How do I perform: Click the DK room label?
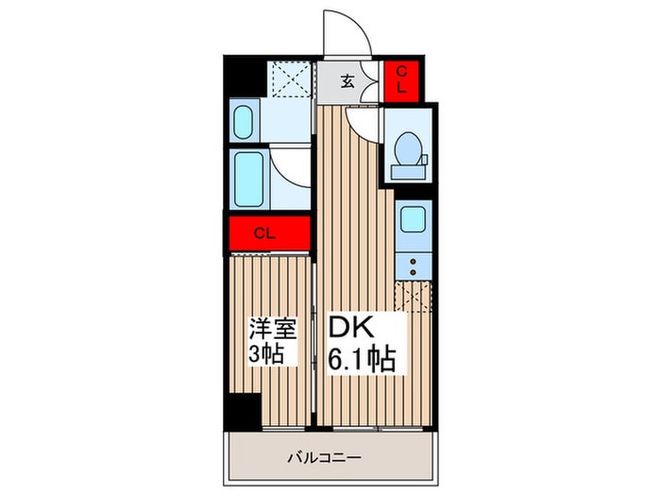coord(351,327)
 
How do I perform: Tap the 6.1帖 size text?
coord(362,359)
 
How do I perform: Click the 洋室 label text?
coord(273,328)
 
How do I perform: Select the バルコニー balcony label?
coord(324,457)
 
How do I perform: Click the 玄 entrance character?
coord(347,80)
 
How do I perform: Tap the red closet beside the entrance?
coord(401,81)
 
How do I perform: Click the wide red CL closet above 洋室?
coord(270,233)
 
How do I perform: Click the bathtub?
coord(248,180)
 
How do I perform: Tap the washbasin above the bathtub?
coord(243,122)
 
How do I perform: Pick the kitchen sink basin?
coord(413,219)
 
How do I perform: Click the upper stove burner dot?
coord(414,262)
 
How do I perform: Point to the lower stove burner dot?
coord(414,272)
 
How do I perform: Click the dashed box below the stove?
coord(414,297)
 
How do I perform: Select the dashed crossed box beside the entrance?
coord(290,79)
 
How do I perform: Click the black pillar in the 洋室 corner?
coord(243,409)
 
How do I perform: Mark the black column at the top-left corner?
coord(245,77)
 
